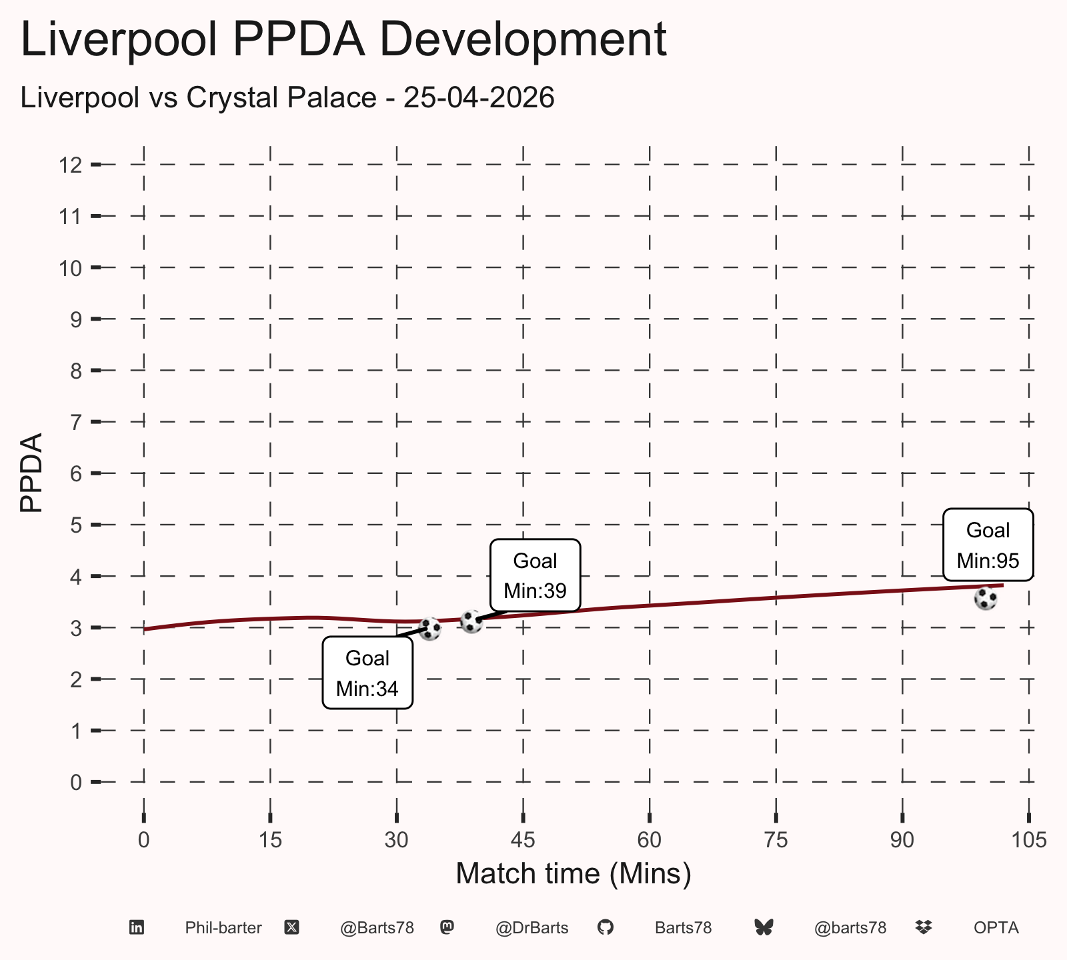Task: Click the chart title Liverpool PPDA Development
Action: point(343,40)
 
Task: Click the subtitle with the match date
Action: point(287,98)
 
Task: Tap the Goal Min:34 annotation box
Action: point(367,673)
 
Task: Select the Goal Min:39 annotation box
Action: point(536,575)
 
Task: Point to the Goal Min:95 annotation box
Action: point(988,545)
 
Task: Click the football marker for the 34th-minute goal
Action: point(430,628)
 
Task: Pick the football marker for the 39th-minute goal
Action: point(471,621)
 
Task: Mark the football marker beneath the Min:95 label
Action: point(986,599)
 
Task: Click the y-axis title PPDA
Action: point(31,473)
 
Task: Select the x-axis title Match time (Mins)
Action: point(574,873)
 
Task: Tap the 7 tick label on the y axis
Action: point(76,422)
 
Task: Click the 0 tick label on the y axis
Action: point(76,782)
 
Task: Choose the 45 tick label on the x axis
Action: point(523,840)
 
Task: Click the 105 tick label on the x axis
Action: point(1029,840)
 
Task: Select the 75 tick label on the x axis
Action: point(776,840)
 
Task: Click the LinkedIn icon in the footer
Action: point(137,927)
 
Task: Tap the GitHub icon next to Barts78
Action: point(606,927)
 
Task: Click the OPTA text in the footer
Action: point(996,928)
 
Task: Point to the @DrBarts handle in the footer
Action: point(532,928)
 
